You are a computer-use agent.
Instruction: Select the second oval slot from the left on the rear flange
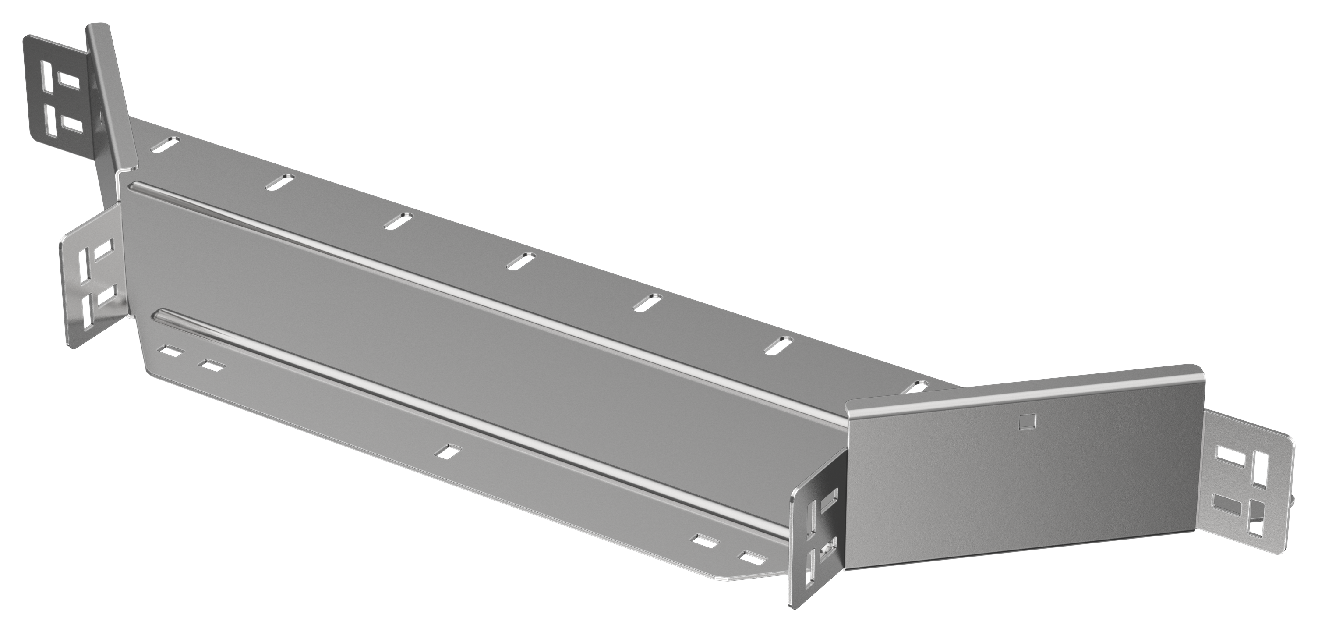(280, 182)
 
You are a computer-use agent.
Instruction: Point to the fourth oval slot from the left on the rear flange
(521, 260)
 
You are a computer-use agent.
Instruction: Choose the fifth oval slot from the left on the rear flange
(648, 302)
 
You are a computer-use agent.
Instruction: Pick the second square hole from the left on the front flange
(212, 365)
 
